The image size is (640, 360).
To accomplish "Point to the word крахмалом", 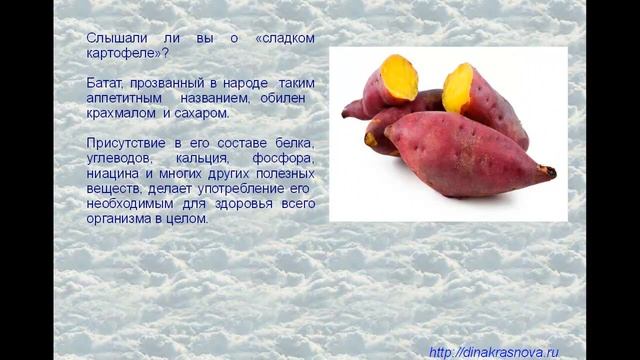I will (x=122, y=116).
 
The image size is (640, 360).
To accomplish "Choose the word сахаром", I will (x=197, y=116).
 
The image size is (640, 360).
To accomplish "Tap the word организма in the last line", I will (x=122, y=217).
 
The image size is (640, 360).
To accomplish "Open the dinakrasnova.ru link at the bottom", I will (x=493, y=352).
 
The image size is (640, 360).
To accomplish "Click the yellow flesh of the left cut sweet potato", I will (x=398, y=78).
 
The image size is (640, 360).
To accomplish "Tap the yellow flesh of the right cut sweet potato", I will (x=458, y=88).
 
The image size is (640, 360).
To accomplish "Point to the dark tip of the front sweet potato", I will (x=549, y=172).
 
